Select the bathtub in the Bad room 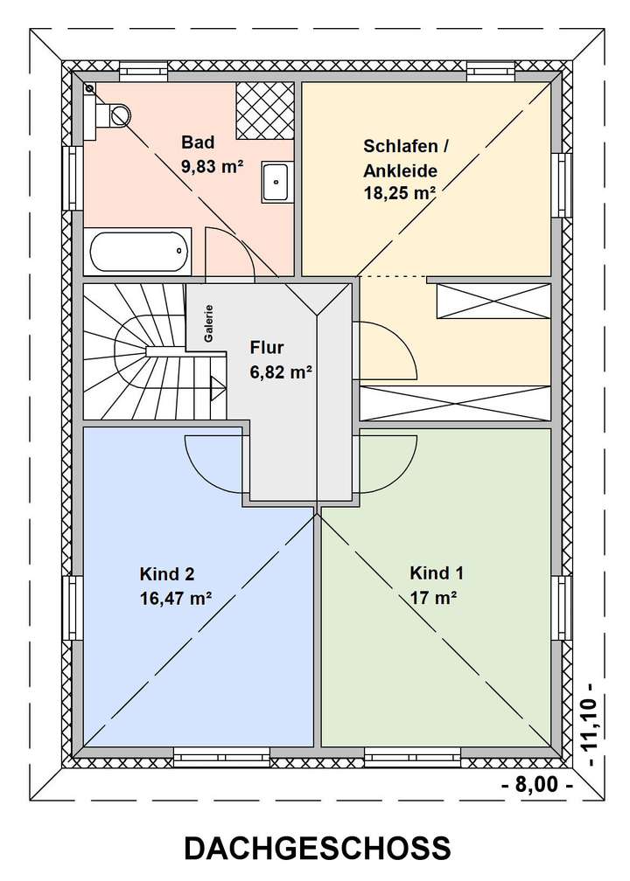139,251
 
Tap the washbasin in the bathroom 277,183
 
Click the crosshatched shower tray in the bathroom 264,110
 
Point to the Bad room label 197,142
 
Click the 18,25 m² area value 400,193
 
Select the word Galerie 209,323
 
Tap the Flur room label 266,346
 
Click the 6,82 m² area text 281,371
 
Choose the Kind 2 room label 166,574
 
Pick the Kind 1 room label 437,573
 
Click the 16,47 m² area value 175,599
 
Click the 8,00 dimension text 537,784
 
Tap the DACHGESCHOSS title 318,849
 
